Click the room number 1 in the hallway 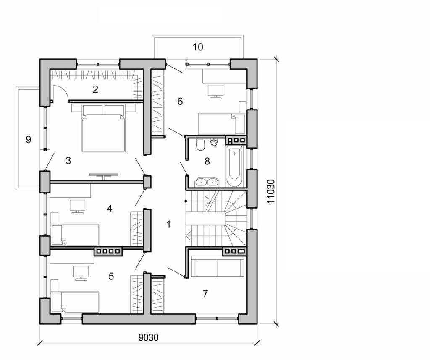[168, 224]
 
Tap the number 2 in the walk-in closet [96, 89]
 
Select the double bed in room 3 [103, 130]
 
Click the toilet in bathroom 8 [200, 145]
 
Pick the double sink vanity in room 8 [207, 182]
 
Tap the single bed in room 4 [75, 234]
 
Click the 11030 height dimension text [271, 192]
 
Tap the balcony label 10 [198, 47]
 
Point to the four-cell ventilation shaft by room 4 [108, 252]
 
